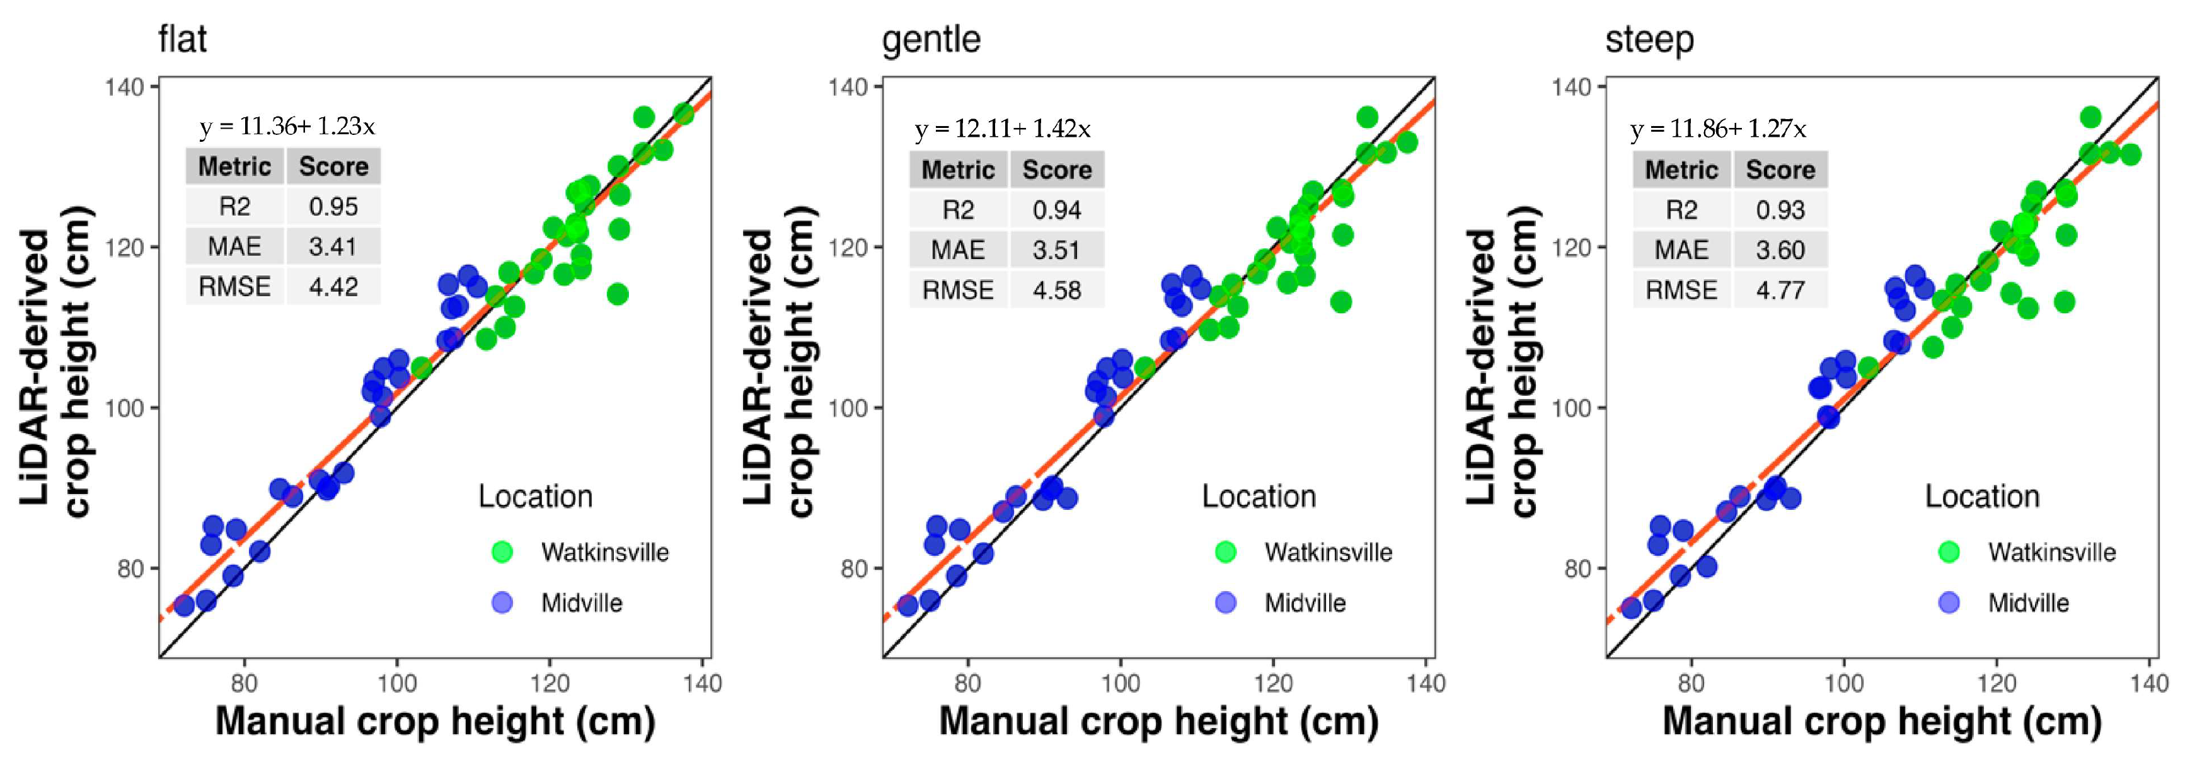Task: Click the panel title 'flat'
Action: click(182, 40)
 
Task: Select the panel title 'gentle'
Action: click(931, 40)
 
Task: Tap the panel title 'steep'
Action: click(1649, 40)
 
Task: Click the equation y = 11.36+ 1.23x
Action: click(287, 127)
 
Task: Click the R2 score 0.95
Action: click(333, 207)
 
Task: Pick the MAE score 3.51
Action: click(1057, 250)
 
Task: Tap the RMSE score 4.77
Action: click(1780, 290)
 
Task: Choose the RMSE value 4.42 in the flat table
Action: click(333, 287)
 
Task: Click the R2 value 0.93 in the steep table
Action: click(1780, 210)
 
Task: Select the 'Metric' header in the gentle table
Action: click(958, 170)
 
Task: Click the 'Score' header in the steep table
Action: click(1780, 170)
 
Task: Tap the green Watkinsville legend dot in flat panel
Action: click(502, 552)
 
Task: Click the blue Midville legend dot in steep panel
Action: click(1949, 603)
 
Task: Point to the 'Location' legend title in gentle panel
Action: click(1259, 497)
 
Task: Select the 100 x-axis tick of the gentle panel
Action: click(1121, 683)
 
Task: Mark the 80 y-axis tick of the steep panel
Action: click(1577, 568)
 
